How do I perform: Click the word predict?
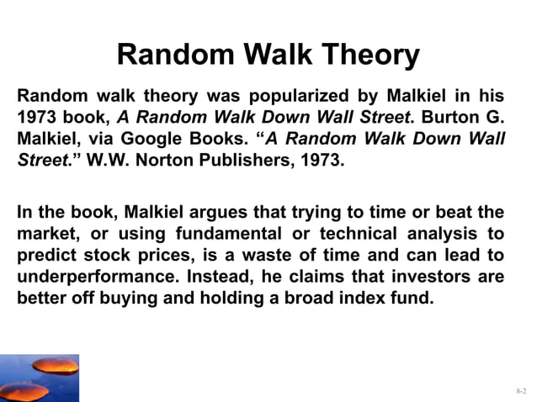[x=45, y=256]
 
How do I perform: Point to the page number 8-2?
[x=522, y=392]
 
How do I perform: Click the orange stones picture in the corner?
[x=40, y=378]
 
